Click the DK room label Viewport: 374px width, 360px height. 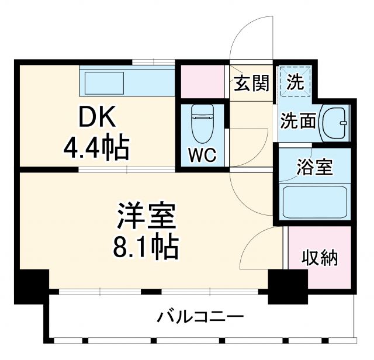[x=97, y=119]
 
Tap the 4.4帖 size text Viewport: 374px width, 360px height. [x=96, y=149]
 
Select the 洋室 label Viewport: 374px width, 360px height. [x=146, y=217]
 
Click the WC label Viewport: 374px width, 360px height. [x=202, y=155]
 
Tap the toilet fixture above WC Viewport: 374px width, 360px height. [x=202, y=123]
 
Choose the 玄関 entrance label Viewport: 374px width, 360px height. [x=252, y=84]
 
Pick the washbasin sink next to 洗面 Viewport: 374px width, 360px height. [x=335, y=122]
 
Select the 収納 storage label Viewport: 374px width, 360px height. [x=320, y=258]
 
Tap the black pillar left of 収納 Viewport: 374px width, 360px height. [x=286, y=286]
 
